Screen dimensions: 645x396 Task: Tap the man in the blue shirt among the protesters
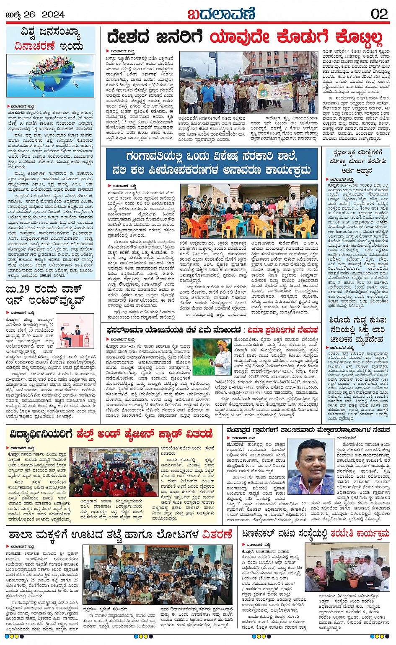coord(208,97)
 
